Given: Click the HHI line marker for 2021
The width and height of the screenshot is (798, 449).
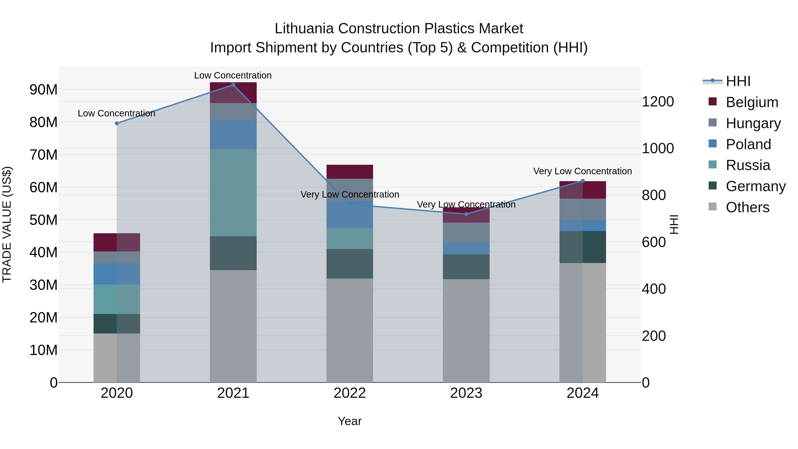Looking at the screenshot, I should click(x=233, y=85).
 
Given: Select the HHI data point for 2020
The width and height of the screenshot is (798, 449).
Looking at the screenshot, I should click(x=117, y=123).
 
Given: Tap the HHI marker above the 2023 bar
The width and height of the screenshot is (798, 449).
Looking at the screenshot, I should click(x=466, y=214).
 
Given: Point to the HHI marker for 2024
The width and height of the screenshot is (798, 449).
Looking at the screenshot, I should click(x=583, y=181).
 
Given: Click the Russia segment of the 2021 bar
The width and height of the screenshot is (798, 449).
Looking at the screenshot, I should click(x=233, y=193).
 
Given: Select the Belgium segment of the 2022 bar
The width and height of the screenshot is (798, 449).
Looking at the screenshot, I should click(x=350, y=172).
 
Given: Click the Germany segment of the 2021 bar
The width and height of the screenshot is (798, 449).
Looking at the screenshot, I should click(x=233, y=253).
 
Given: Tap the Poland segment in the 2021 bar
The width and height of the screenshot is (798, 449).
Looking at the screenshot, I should click(x=233, y=135).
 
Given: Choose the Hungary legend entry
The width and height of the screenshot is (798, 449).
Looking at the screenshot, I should click(x=753, y=123).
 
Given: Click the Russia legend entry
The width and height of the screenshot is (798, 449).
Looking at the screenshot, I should click(x=748, y=165).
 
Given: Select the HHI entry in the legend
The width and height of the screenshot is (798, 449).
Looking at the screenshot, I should click(x=738, y=81).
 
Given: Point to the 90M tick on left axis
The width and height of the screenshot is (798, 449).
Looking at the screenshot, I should click(x=43, y=90).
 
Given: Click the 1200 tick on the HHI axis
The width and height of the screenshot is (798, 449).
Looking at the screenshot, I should click(x=658, y=102).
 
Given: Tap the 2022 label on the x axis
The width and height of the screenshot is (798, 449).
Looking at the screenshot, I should click(x=350, y=393).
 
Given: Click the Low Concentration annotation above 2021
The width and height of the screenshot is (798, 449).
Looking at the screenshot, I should click(x=233, y=75).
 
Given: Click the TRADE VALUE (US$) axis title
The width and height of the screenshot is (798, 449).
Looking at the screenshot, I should click(x=7, y=224).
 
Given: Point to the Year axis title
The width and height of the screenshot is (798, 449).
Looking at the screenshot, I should click(x=350, y=421).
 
